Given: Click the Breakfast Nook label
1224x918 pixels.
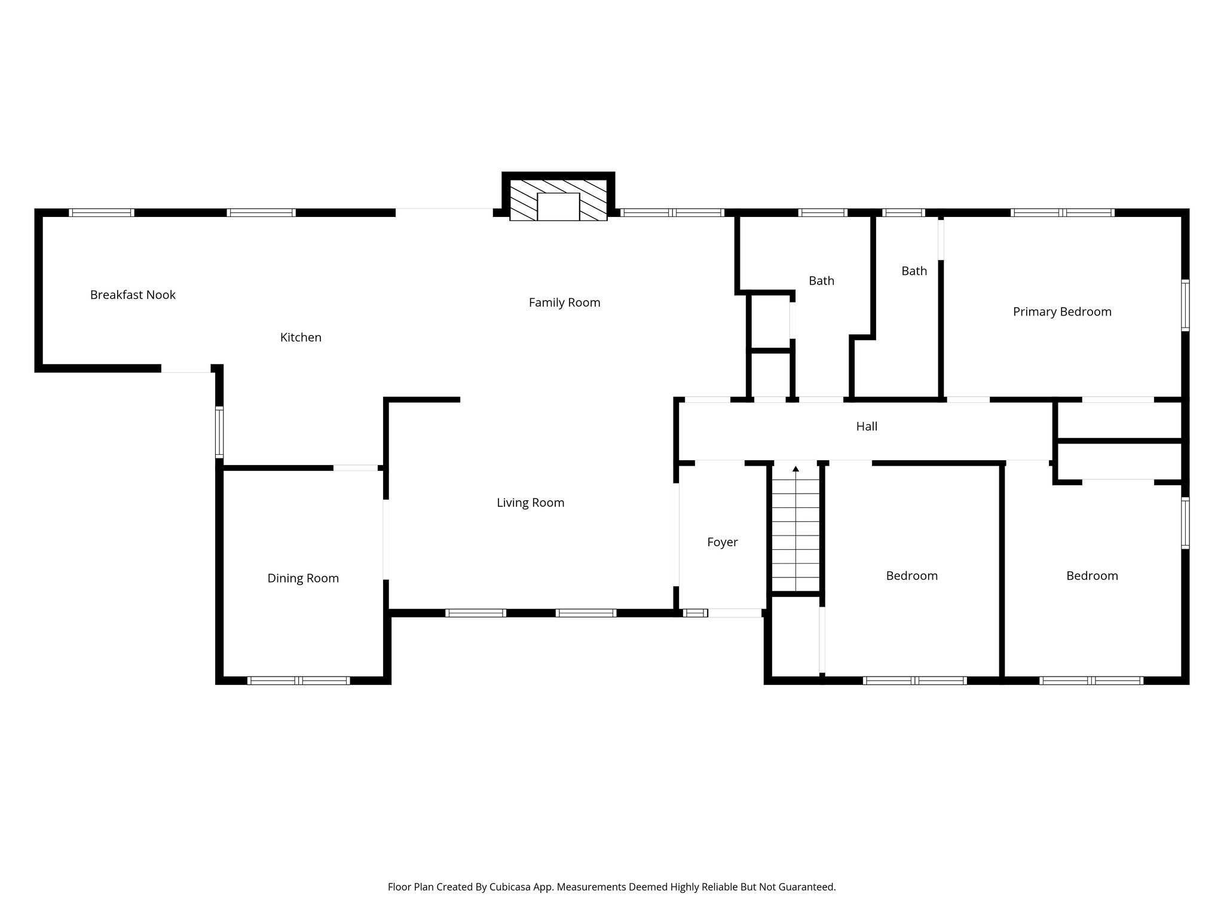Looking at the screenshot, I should pos(133,295).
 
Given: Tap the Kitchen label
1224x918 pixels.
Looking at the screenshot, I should pos(301,338).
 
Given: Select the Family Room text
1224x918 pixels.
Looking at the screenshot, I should pos(564,303).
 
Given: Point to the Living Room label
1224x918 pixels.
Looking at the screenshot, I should pos(530,503).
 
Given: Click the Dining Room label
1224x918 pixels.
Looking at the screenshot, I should pos(303,579).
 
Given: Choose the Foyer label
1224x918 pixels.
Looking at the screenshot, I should pos(722,542).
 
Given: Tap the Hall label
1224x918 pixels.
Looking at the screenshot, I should pos(867,427).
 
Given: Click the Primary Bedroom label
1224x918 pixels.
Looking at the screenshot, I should pos(1062,312).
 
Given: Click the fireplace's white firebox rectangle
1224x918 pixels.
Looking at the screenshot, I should pos(558,207).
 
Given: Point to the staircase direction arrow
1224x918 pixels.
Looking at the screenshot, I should pos(795,469).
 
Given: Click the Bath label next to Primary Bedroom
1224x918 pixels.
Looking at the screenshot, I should pos(914,271).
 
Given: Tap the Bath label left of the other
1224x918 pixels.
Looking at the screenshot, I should pos(821,281).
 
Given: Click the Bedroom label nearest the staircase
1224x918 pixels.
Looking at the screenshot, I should pos(911,576).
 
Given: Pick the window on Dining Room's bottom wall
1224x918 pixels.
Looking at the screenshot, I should pos(298,680).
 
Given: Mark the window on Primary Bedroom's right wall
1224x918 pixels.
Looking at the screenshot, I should pos(1185,305).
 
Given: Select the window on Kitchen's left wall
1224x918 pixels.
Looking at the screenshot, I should pos(219,432).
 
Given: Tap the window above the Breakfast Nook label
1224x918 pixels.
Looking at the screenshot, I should pos(102,212).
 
